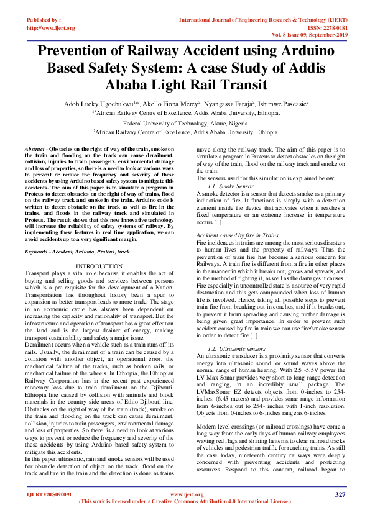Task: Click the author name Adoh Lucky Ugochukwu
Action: click(x=98, y=105)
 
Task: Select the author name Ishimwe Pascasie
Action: click(x=283, y=105)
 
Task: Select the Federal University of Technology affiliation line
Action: click(x=185, y=124)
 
